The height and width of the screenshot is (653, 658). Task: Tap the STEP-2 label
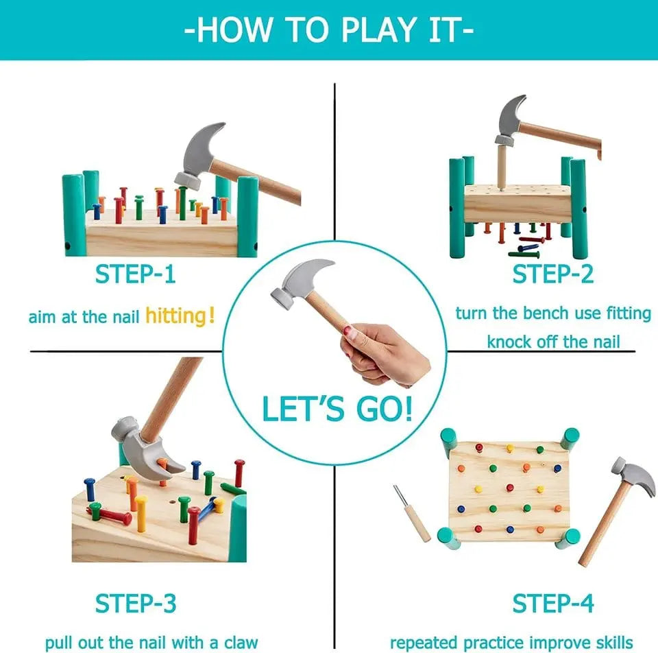(x=552, y=274)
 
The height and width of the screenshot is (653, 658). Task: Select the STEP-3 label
(x=135, y=604)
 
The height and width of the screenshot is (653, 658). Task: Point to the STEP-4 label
(x=552, y=604)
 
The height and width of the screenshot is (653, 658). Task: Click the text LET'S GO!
(x=337, y=409)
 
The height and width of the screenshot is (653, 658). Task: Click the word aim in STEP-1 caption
(x=40, y=318)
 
